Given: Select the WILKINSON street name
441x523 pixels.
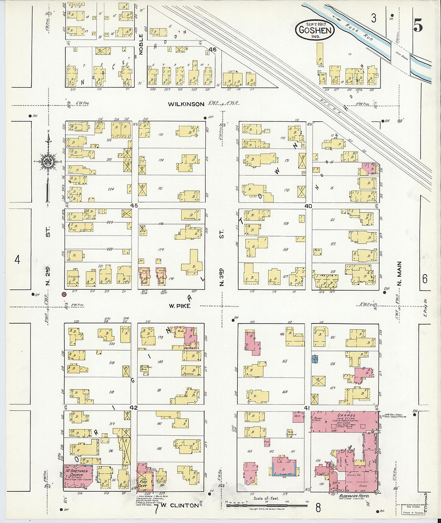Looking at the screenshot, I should point(186,104).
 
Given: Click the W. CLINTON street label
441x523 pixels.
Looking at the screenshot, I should point(180,505).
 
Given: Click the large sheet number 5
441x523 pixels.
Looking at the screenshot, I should point(418,26).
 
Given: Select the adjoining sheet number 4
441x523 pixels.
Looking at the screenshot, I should point(17,260).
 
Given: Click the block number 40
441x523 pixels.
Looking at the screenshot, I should point(308,206).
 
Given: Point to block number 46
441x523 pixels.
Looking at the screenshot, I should point(212,50).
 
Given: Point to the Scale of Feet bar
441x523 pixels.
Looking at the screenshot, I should point(267,505).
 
